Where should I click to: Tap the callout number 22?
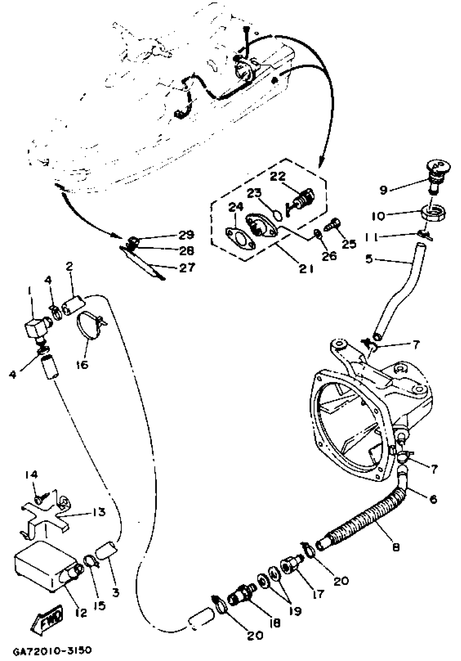pos(278,176)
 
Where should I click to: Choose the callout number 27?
pos(187,268)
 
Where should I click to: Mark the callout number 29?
pos(186,235)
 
